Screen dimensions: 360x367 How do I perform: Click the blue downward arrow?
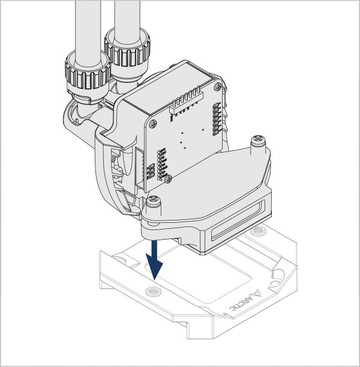pyautogui.click(x=154, y=260)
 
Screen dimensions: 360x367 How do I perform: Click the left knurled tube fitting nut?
pyautogui.click(x=88, y=74)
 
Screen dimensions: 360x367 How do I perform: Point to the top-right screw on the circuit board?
pyautogui.click(x=218, y=87)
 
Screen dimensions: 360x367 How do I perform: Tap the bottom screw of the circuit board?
pyautogui.click(x=168, y=179)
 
